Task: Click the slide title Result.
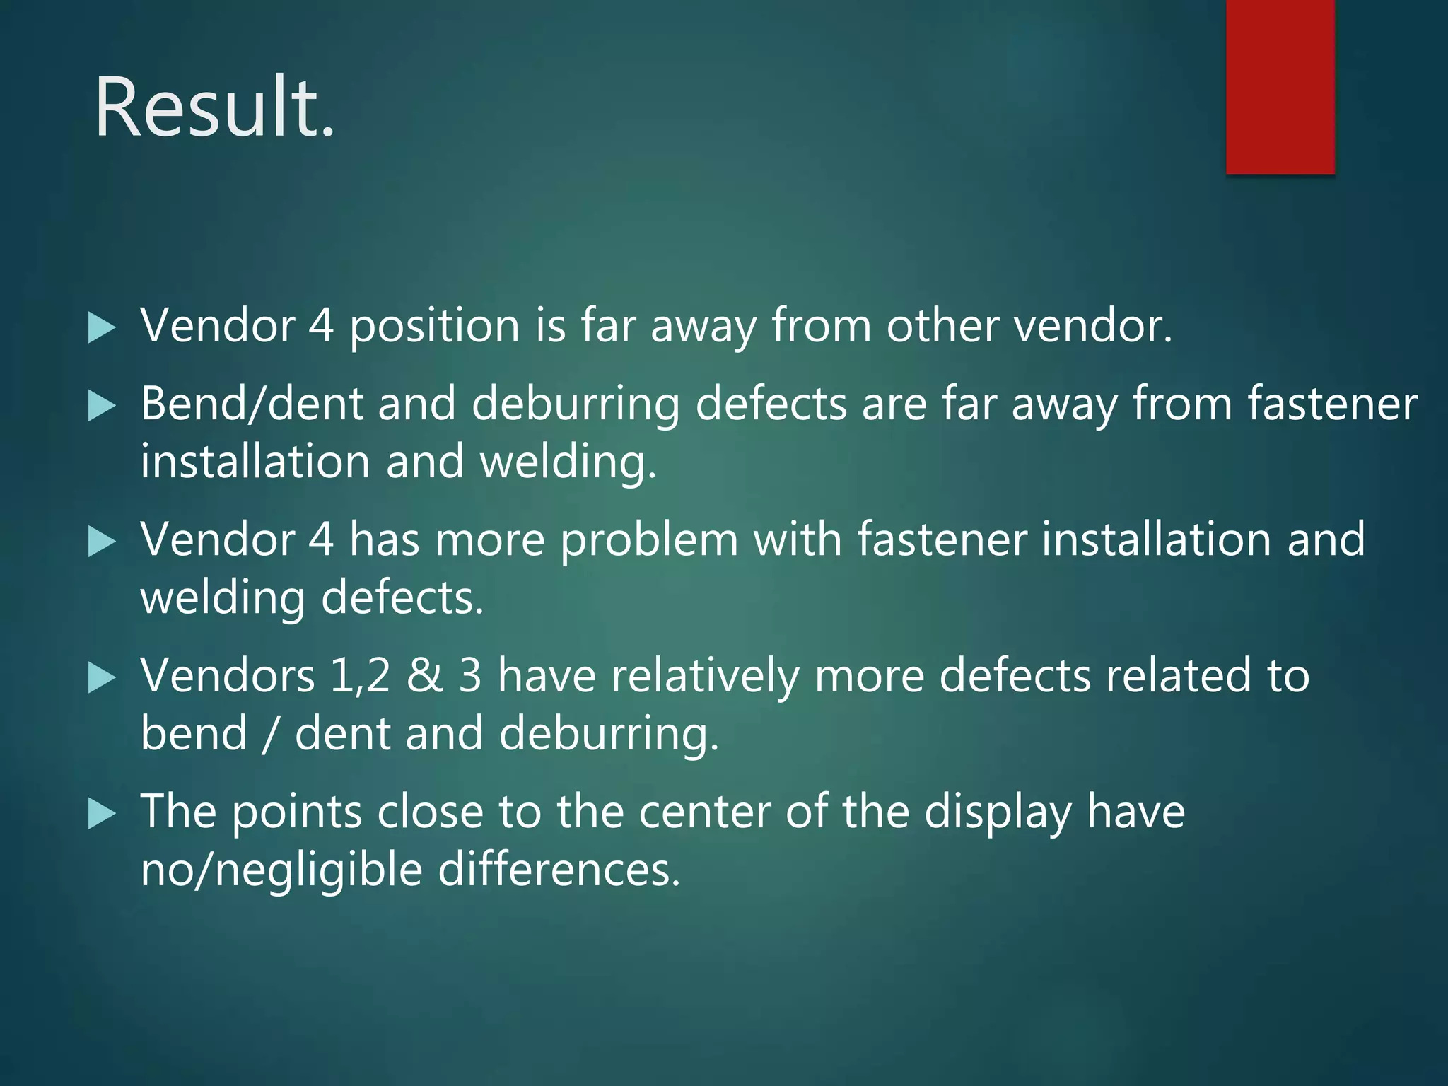[214, 107]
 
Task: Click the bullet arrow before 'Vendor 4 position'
[102, 329]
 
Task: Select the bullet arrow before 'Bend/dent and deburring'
[102, 407]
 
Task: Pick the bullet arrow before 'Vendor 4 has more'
[102, 542]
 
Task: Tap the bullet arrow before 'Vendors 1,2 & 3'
[102, 679]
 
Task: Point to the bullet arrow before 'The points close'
[102, 814]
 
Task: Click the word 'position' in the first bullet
[435, 327]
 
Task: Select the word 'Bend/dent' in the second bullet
[251, 404]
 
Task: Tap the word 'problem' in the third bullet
[649, 540]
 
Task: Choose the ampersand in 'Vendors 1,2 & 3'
[424, 676]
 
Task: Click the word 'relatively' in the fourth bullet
[704, 676]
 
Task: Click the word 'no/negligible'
[281, 870]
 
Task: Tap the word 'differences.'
[559, 870]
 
